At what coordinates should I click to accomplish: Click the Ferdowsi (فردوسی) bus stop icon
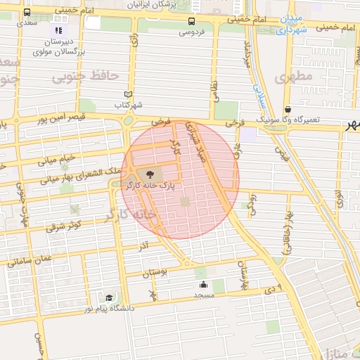192,21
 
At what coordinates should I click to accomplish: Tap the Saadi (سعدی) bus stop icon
27,12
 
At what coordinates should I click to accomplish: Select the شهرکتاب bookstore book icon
127,94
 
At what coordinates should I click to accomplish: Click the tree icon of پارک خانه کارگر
151,174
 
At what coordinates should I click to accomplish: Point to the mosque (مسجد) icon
203,284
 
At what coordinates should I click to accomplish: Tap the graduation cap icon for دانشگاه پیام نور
108,298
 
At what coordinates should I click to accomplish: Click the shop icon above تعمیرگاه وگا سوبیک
288,109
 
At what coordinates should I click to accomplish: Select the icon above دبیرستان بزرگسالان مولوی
58,30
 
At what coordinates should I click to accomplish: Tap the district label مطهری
293,77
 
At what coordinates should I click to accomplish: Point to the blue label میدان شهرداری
290,25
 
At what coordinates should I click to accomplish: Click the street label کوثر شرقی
65,226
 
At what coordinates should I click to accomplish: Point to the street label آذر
143,246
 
